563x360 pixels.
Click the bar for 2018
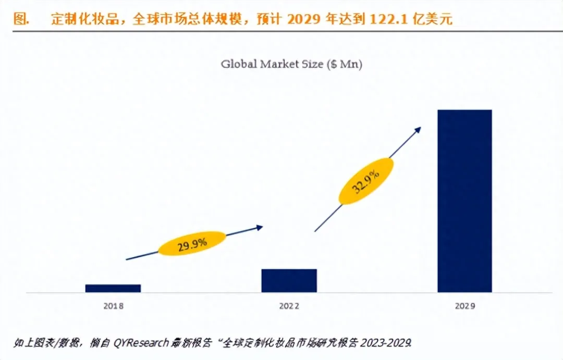[x=113, y=288]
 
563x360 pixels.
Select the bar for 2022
[x=289, y=280]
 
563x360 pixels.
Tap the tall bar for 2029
[x=464, y=201]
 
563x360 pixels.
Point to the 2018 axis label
[x=113, y=306]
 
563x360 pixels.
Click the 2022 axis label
[x=289, y=306]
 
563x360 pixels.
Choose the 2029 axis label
[x=465, y=306]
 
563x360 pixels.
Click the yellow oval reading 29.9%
[x=192, y=243]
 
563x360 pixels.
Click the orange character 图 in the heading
[x=21, y=20]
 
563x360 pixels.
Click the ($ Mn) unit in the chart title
[x=345, y=64]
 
